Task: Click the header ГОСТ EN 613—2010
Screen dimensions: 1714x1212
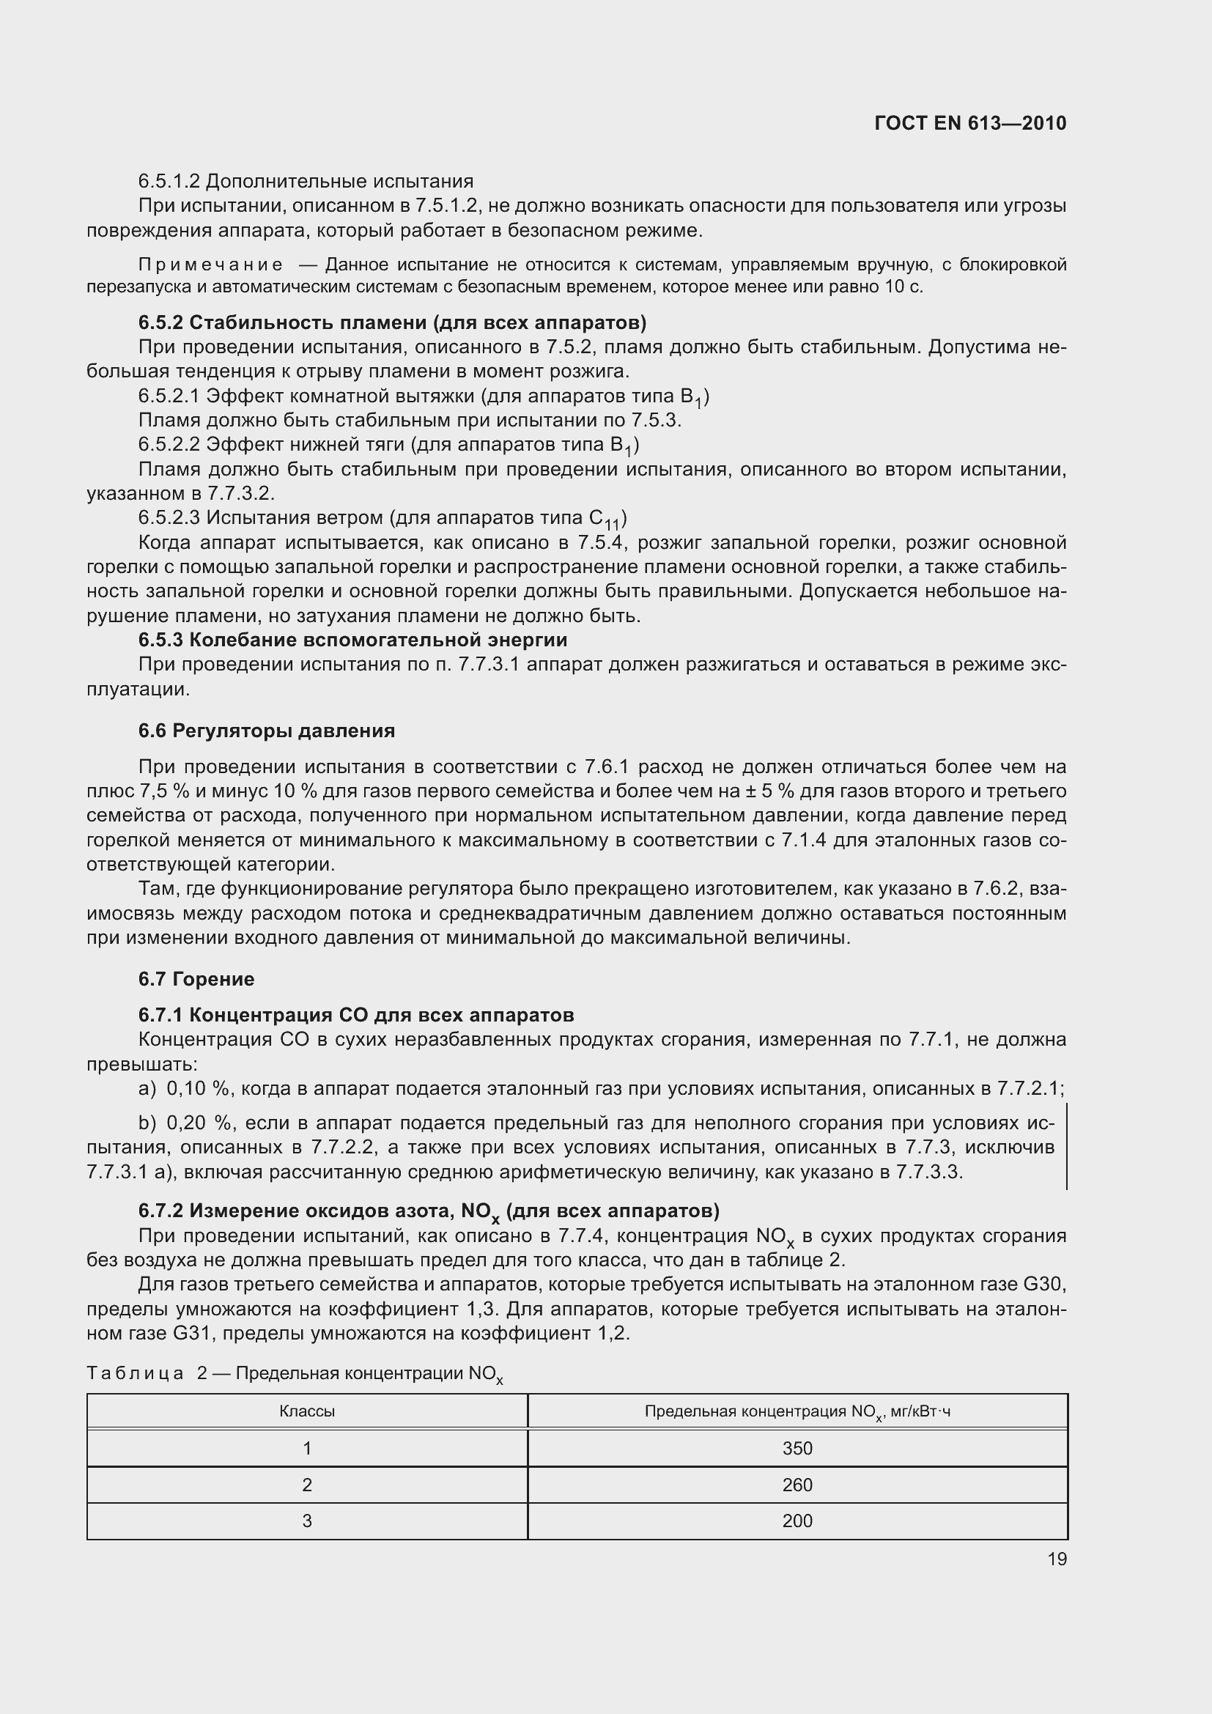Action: click(x=969, y=123)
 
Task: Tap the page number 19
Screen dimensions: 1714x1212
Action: click(x=1057, y=1559)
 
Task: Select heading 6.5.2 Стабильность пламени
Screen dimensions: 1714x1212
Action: click(x=392, y=322)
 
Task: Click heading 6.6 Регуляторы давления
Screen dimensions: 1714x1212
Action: click(x=267, y=731)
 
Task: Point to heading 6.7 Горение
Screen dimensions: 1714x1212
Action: click(x=196, y=979)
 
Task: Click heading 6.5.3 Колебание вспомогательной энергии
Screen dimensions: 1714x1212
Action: click(x=352, y=640)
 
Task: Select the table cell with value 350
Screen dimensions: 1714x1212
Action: click(x=797, y=1448)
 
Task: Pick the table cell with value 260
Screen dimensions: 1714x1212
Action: click(x=797, y=1485)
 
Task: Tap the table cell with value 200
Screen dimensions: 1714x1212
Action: click(x=797, y=1521)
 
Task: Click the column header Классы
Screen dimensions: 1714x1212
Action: click(x=307, y=1411)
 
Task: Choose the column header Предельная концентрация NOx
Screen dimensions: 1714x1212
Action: click(x=797, y=1411)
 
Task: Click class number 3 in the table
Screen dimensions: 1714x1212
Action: click(x=307, y=1521)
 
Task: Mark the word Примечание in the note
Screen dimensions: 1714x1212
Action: click(x=210, y=265)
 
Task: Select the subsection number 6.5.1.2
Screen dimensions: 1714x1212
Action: click(x=169, y=182)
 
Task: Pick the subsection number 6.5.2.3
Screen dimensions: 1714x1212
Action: click(x=169, y=517)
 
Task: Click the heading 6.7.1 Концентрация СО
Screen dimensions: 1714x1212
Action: click(x=356, y=1014)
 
